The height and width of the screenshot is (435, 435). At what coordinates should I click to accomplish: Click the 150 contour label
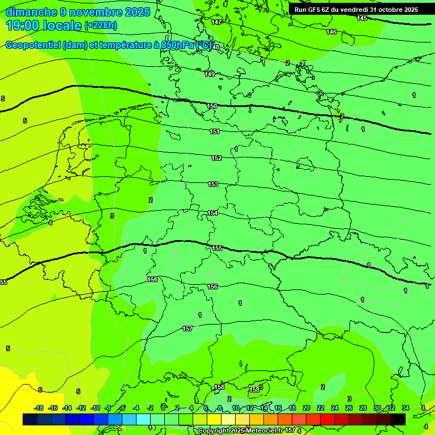pos(212,106)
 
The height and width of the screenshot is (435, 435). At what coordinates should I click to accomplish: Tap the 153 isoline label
pos(213,184)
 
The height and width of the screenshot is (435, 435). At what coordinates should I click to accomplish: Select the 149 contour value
pos(210,74)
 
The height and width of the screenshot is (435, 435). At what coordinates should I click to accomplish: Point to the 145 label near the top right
pos(362,19)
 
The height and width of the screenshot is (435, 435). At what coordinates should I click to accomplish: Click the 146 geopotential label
pos(331,32)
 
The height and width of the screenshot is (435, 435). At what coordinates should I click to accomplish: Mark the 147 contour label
pos(216,22)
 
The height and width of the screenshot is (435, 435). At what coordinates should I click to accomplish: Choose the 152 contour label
pos(216,158)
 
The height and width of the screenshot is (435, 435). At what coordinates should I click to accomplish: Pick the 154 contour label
pos(212,213)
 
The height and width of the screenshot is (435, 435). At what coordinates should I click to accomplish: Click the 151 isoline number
pos(215,131)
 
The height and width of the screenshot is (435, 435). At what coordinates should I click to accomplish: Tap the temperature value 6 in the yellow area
pos(40,390)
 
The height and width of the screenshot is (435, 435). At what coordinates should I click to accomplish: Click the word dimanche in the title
pos(31,12)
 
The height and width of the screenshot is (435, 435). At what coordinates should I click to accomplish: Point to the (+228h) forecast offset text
pos(100,25)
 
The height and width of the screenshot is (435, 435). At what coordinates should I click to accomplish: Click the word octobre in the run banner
pos(386,10)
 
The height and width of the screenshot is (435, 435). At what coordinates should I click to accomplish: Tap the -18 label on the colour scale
pos(39,408)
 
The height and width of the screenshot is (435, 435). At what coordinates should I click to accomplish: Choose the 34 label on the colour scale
pos(406,408)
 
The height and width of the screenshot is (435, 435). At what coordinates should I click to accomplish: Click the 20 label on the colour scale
pos(306,408)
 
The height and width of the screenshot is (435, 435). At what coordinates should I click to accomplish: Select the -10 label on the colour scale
pos(95,408)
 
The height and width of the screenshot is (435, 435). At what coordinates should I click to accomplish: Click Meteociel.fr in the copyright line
pos(261,430)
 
